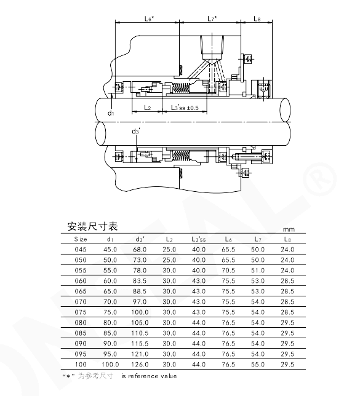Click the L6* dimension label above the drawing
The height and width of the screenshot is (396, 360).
click(x=149, y=18)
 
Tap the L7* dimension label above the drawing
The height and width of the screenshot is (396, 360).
click(x=212, y=18)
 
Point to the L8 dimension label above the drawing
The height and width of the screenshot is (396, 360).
click(x=257, y=18)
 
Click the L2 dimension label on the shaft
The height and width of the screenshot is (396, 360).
click(x=148, y=108)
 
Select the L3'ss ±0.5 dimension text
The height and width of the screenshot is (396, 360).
click(x=185, y=108)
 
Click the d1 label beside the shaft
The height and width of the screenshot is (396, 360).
click(x=111, y=113)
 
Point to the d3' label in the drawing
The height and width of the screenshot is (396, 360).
click(x=136, y=132)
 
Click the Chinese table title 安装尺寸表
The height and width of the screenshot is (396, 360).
click(x=92, y=226)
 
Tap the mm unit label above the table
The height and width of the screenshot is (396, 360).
click(x=289, y=229)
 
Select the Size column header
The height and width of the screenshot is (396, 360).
click(x=81, y=239)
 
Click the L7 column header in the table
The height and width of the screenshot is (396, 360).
click(x=258, y=239)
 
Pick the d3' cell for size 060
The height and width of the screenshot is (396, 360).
click(x=140, y=281)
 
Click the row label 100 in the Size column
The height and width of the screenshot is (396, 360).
click(x=81, y=365)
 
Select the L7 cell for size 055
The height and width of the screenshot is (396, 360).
click(x=258, y=271)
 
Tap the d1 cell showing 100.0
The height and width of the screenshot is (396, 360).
click(x=110, y=365)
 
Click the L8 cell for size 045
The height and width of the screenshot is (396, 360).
click(x=287, y=250)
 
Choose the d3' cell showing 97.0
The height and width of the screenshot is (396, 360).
click(x=140, y=302)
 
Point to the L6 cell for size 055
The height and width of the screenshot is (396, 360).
click(x=228, y=271)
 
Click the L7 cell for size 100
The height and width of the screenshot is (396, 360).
click(x=258, y=365)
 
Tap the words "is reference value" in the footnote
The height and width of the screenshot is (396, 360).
click(x=149, y=376)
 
